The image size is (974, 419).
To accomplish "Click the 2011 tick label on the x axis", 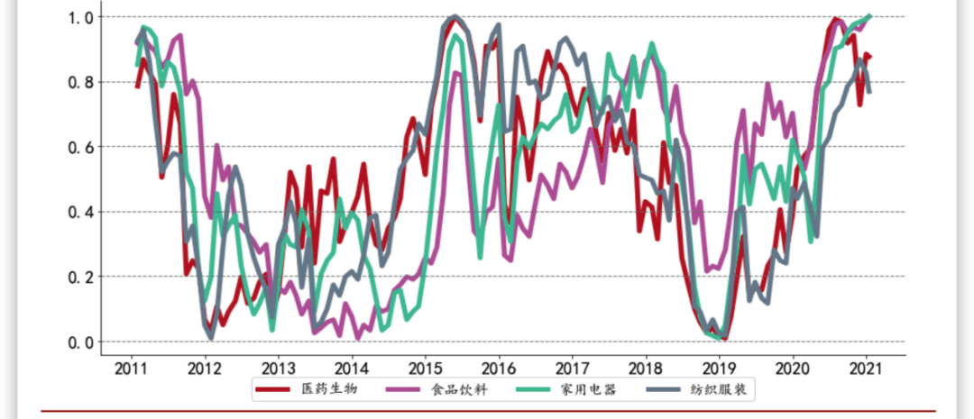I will pos(132,368).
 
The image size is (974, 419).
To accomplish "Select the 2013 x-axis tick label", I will pos(279,368).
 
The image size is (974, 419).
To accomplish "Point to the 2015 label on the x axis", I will pos(426,368).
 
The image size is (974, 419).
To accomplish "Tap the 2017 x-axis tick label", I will pos(573,368).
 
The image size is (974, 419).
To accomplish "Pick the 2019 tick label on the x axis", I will pos(720,368).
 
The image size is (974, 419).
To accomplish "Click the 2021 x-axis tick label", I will pos(867,368).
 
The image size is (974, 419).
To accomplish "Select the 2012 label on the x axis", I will pos(205,368).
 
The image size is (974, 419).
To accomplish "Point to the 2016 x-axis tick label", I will pos(499,368).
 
